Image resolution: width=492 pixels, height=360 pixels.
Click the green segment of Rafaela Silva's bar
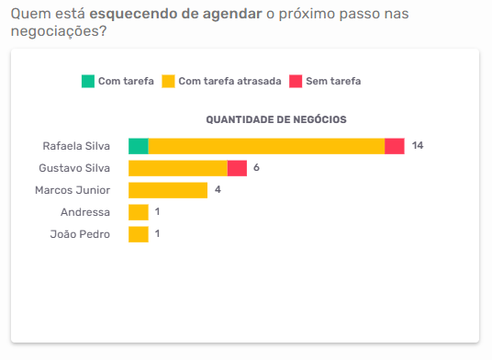coord(138,146)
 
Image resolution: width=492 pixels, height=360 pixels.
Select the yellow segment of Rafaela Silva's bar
coord(266,146)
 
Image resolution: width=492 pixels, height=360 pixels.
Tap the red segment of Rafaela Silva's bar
coord(395,146)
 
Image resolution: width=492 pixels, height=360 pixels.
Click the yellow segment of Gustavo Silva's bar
coord(178,168)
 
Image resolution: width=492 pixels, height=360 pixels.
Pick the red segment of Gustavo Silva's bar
coord(237,168)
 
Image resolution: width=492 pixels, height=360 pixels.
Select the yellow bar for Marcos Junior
coord(168,190)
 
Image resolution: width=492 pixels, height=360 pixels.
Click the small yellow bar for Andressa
coord(139,212)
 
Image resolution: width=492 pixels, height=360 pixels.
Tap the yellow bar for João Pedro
coord(139,234)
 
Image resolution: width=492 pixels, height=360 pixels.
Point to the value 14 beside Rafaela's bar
coord(418,146)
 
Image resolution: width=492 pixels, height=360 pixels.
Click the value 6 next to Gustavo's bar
coord(257,168)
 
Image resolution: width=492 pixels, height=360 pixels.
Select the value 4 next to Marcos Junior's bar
coord(218,190)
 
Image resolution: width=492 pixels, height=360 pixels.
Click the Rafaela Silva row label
coord(76,146)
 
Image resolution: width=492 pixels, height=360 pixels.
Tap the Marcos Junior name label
coord(73,190)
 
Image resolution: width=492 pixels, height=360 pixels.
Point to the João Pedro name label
coord(80,234)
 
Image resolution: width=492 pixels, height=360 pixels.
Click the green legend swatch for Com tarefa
coord(88,81)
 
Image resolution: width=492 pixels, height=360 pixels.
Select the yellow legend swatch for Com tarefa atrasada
coord(168,81)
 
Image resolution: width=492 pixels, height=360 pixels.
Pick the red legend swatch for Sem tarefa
coord(296,81)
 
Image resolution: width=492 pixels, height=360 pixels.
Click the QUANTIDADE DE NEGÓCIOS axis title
coord(275,119)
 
